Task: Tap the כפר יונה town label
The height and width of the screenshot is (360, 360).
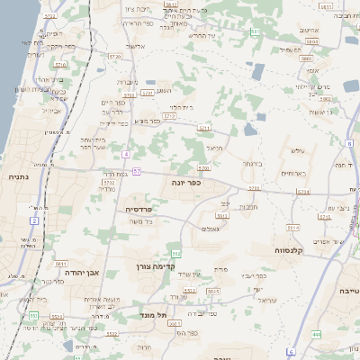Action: coord(184,182)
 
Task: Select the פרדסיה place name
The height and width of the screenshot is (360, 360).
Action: coord(139,208)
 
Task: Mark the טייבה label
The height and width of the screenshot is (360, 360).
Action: coord(346,292)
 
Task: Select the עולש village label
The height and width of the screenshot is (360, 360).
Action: coord(299,151)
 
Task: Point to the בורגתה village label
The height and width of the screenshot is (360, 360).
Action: coord(250,164)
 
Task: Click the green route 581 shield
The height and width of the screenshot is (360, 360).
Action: coord(256,31)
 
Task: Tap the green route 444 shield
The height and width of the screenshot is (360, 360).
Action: coord(316,334)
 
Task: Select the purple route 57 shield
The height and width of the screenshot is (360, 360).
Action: coord(136,171)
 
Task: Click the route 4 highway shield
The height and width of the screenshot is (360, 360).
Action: coord(127,155)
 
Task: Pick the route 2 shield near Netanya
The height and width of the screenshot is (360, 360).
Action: coord(34,220)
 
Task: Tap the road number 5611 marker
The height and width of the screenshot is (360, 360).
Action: coord(61,264)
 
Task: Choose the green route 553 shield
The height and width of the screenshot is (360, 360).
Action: coord(32,316)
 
